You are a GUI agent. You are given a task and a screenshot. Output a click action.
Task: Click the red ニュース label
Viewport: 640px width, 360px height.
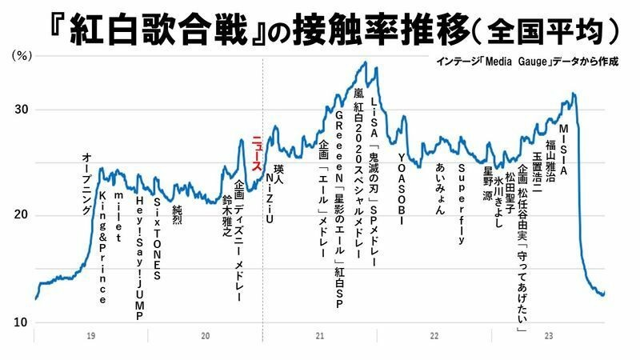point(256,152)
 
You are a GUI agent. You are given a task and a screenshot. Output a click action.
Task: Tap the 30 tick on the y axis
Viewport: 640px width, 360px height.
point(19,110)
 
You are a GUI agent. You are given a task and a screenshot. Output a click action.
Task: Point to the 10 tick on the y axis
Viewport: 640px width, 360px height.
point(19,322)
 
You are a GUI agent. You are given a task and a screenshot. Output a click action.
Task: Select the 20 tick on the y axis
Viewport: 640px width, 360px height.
point(19,215)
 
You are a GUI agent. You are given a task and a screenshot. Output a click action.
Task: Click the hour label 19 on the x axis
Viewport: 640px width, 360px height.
point(92,337)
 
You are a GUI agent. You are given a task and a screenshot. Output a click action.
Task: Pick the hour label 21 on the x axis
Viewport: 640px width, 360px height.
point(319,337)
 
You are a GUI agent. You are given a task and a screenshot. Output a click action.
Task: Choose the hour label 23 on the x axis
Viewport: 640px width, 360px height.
point(548,337)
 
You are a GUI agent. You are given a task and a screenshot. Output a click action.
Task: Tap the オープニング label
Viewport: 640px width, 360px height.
point(86,185)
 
